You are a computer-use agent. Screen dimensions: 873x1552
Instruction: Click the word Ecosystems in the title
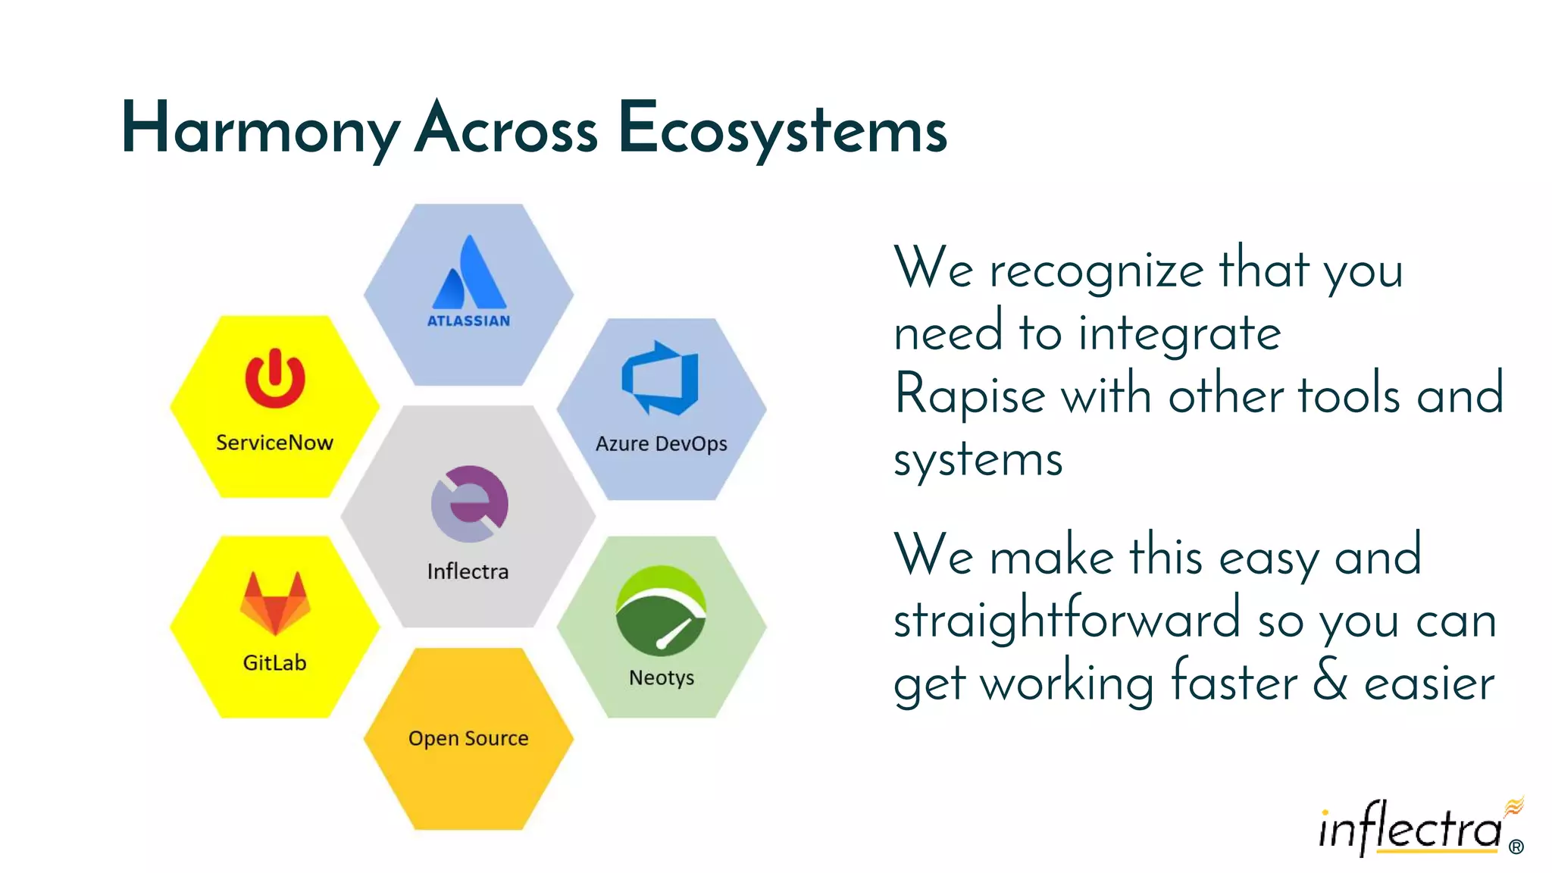pos(782,129)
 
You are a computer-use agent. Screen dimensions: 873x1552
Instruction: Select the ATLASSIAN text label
pos(468,321)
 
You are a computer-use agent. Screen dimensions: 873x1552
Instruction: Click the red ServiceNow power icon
pos(275,378)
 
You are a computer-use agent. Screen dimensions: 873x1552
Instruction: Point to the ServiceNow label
pos(274,443)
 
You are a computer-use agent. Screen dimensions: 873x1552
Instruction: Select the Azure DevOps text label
pos(661,443)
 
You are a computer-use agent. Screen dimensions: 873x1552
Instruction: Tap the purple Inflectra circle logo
pos(470,503)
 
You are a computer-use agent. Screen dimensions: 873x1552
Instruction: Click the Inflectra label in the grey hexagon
pos(468,571)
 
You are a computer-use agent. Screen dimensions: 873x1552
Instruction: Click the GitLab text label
pos(274,663)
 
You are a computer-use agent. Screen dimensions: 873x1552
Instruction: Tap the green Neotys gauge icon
pos(661,610)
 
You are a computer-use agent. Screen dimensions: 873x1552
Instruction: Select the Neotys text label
pos(661,677)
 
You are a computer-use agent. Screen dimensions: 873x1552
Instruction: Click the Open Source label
pos(468,738)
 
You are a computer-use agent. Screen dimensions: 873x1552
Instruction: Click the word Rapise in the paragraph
pos(969,396)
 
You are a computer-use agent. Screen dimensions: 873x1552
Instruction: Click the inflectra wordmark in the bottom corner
pos(1410,829)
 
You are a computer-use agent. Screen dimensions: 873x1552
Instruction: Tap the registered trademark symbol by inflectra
pos(1516,847)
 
